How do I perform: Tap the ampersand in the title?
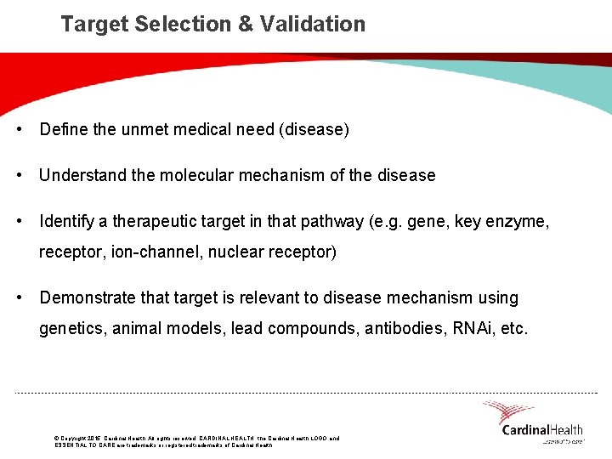(x=246, y=24)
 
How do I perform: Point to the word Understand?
(x=81, y=176)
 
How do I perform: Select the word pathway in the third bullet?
(x=330, y=222)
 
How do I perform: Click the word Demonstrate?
(x=88, y=298)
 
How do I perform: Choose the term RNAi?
(x=473, y=329)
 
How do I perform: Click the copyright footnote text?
(x=195, y=441)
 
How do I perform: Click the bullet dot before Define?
(x=19, y=130)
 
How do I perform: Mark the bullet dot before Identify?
(x=19, y=222)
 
